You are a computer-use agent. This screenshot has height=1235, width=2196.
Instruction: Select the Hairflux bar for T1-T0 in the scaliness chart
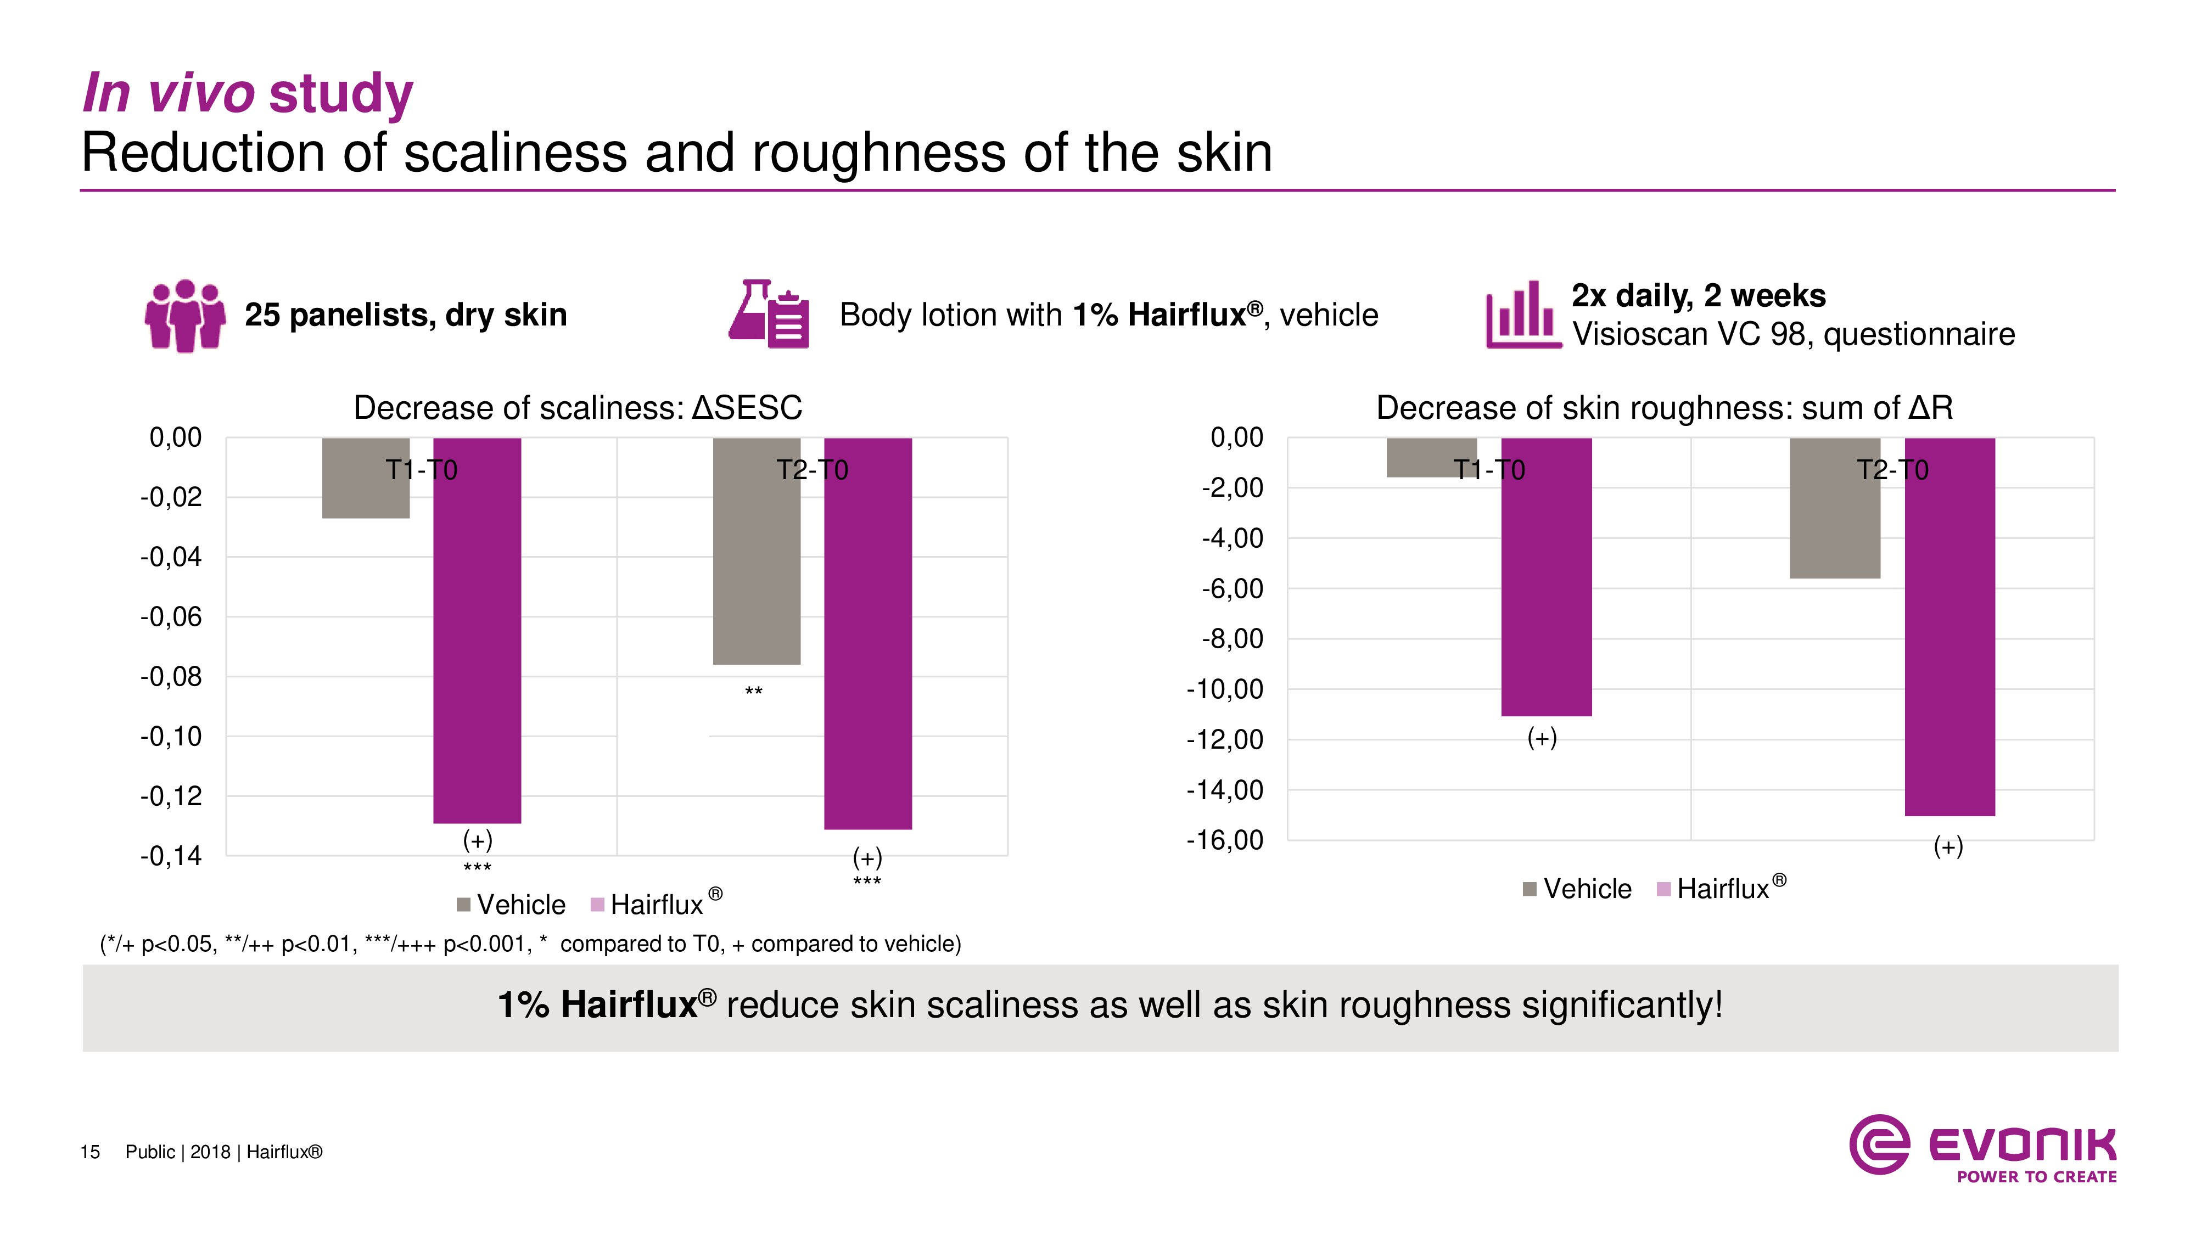tap(477, 630)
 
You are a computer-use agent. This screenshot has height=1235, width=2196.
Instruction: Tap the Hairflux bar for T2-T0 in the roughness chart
tap(1949, 626)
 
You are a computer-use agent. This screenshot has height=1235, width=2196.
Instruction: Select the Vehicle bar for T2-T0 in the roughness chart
tap(1835, 508)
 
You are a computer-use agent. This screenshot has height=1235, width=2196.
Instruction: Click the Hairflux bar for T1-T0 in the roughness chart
tap(1545, 577)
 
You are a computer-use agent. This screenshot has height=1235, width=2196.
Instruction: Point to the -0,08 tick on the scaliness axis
tap(171, 677)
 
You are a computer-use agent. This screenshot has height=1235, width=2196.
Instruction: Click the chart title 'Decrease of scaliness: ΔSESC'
tap(577, 407)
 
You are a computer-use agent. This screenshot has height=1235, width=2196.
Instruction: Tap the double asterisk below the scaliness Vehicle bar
tap(754, 691)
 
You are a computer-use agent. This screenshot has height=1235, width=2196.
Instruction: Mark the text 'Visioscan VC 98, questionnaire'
tap(1793, 334)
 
